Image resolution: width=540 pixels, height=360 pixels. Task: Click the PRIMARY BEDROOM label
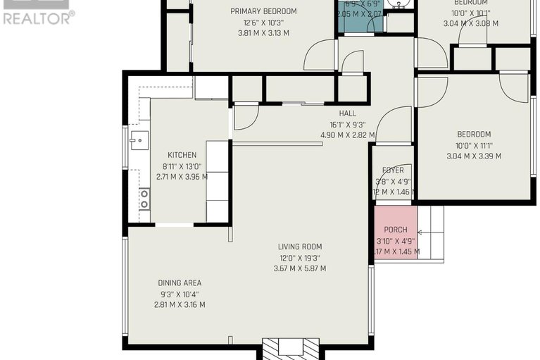263,11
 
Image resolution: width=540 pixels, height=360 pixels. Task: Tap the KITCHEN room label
182,155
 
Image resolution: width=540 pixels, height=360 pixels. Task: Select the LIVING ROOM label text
299,247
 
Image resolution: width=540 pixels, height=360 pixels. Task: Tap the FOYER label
393,170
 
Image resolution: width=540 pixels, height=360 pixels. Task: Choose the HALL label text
347,113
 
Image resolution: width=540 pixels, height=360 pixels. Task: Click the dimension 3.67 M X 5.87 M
299,268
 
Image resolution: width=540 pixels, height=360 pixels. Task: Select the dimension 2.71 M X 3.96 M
182,177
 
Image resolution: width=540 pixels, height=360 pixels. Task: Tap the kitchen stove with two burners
144,199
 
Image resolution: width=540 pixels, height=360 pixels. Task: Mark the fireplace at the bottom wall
290,348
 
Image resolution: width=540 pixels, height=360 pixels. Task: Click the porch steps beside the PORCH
430,232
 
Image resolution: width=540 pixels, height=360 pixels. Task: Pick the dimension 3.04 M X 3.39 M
474,156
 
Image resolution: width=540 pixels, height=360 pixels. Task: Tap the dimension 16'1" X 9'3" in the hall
347,125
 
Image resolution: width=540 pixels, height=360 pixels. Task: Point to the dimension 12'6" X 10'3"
263,23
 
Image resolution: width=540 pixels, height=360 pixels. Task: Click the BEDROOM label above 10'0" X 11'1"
474,134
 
